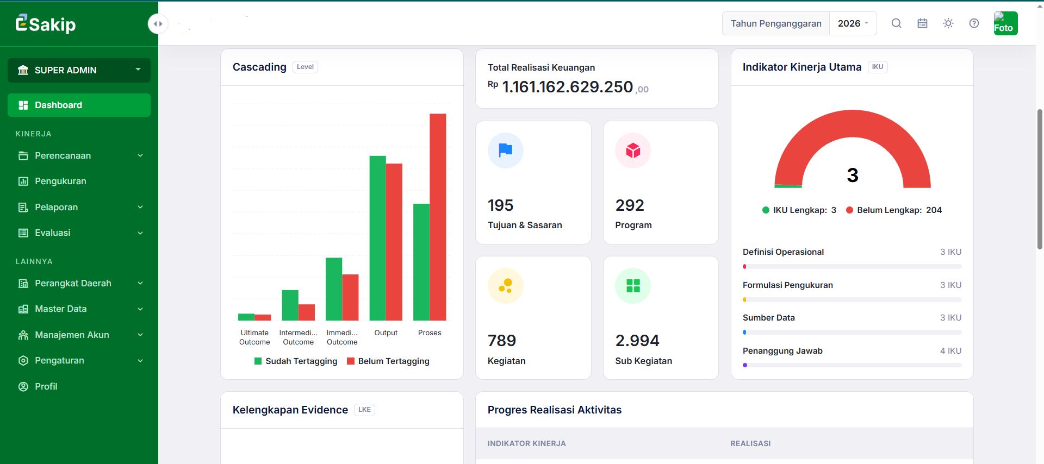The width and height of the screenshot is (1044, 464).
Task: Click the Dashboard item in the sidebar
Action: pyautogui.click(x=79, y=105)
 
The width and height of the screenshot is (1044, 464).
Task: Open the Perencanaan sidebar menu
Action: pyautogui.click(x=79, y=155)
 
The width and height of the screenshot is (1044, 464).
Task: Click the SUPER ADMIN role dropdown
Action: pyautogui.click(x=79, y=70)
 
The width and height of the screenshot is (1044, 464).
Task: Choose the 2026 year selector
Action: pyautogui.click(x=853, y=23)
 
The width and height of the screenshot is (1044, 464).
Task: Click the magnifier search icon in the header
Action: pyautogui.click(x=897, y=23)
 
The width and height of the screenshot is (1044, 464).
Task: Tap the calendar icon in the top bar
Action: pyautogui.click(x=922, y=23)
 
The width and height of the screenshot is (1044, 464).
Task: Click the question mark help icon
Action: pyautogui.click(x=974, y=23)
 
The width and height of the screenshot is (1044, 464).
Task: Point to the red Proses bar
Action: pyautogui.click(x=438, y=217)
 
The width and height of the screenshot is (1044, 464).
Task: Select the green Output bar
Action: pyautogui.click(x=377, y=238)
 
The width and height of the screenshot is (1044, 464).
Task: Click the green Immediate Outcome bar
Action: pyautogui.click(x=334, y=289)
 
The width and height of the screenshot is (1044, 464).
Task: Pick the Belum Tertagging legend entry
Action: pyautogui.click(x=388, y=361)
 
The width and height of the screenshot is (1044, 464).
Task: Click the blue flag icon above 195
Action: pyautogui.click(x=506, y=151)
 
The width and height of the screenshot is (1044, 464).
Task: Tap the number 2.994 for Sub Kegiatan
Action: pyautogui.click(x=637, y=341)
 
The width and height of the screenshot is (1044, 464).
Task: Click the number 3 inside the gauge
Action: pyautogui.click(x=853, y=175)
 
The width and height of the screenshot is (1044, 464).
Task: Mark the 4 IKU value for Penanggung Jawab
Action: pyautogui.click(x=950, y=351)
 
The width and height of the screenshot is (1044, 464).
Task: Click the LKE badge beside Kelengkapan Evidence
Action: pyautogui.click(x=364, y=410)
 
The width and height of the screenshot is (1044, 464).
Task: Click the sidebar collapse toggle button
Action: pyautogui.click(x=158, y=24)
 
